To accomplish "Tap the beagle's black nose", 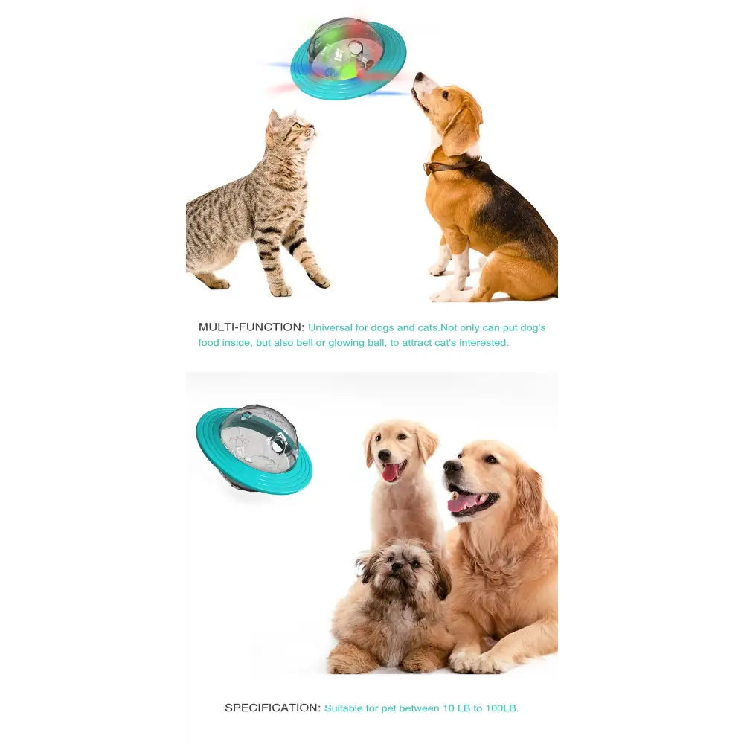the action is tap(418, 76).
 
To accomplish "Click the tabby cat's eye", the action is tap(297, 126).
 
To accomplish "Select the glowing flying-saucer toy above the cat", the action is tap(348, 60).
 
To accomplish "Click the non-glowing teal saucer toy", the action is tap(254, 449).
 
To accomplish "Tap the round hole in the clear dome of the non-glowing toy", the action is tap(277, 445).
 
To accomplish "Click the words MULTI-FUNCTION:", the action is tap(251, 327).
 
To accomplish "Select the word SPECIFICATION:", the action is tap(273, 708).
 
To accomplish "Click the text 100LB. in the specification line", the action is tap(502, 708).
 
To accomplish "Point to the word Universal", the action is tap(330, 327).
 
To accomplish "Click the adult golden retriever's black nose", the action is tap(452, 467).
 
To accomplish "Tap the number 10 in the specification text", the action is tap(449, 708).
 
